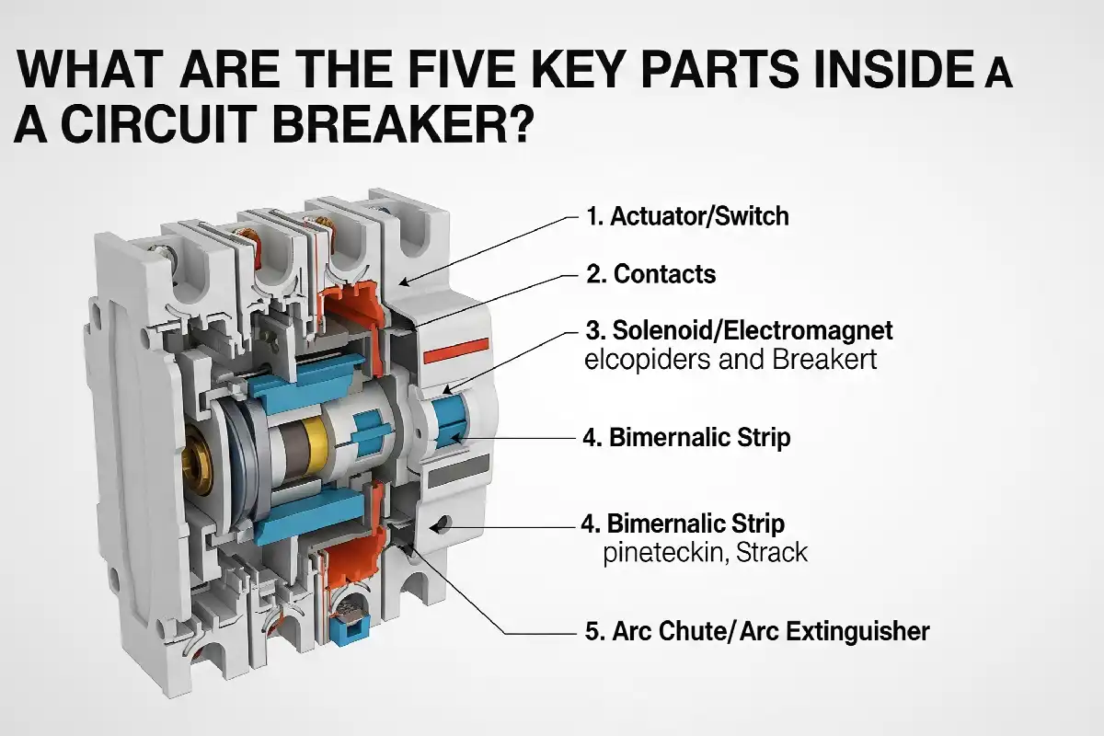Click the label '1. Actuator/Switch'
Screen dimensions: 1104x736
coord(687,216)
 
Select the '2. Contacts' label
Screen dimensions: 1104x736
coord(650,273)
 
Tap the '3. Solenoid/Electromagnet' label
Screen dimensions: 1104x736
coord(739,330)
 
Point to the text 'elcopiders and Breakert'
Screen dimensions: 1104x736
coord(730,360)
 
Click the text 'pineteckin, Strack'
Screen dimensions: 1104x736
coord(706,553)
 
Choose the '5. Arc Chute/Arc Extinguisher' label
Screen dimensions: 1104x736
coord(757,631)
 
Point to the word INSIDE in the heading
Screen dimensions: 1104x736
coord(894,69)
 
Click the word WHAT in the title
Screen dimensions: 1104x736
coord(90,69)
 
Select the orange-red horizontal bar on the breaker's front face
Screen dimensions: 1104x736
coord(456,351)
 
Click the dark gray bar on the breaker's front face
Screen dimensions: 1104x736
coord(459,471)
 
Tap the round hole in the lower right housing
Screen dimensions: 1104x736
coord(443,523)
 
